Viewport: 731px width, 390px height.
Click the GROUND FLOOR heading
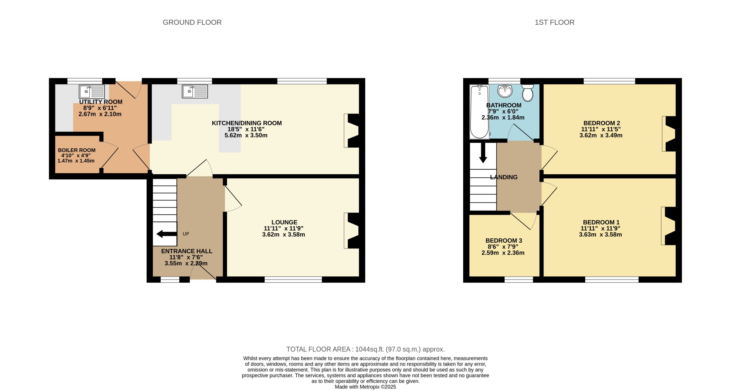(x=192, y=22)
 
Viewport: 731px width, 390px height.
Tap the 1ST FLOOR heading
(x=554, y=22)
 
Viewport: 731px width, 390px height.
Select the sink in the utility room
(x=92, y=92)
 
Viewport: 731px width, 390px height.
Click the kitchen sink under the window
(x=195, y=92)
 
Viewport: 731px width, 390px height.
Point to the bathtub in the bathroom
(x=479, y=112)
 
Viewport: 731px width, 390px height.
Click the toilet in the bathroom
(x=527, y=93)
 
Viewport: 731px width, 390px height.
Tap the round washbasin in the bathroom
(x=505, y=91)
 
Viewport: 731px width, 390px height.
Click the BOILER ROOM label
(x=77, y=150)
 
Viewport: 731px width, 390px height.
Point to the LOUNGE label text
(x=284, y=222)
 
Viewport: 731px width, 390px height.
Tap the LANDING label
(x=504, y=177)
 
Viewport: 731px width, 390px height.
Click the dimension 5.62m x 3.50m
(x=246, y=135)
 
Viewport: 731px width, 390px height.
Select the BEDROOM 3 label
(x=504, y=241)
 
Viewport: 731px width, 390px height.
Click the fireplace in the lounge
(x=352, y=231)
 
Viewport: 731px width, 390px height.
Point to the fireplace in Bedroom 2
(x=669, y=134)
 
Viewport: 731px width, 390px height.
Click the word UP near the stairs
(x=186, y=234)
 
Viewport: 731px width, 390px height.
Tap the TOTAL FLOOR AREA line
(x=365, y=349)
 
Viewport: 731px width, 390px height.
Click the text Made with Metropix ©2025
(x=365, y=387)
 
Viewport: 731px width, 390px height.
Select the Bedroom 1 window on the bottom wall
(x=612, y=280)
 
